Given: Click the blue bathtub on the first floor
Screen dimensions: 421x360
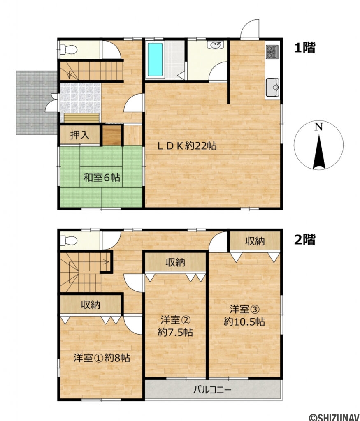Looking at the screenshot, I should click(155, 59).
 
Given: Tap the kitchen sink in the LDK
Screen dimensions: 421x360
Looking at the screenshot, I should click(272, 87).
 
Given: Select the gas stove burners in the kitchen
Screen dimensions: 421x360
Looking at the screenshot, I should click(272, 52).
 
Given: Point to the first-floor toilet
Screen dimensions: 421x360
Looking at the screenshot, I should click(68, 50).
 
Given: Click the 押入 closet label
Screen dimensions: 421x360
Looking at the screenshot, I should click(79, 136).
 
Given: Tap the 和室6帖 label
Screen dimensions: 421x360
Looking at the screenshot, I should click(102, 178).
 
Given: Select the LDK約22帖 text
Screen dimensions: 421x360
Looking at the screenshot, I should click(188, 146).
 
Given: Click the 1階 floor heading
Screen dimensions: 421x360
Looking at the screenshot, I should click(304, 48).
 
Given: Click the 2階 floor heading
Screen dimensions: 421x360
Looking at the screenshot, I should click(304, 239).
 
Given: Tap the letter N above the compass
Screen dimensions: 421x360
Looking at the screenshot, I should click(318, 127).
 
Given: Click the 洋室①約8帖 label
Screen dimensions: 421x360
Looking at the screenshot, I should click(102, 358).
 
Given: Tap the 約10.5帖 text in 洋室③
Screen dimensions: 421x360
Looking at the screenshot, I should click(244, 322).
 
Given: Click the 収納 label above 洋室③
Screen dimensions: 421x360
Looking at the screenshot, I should click(255, 241).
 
